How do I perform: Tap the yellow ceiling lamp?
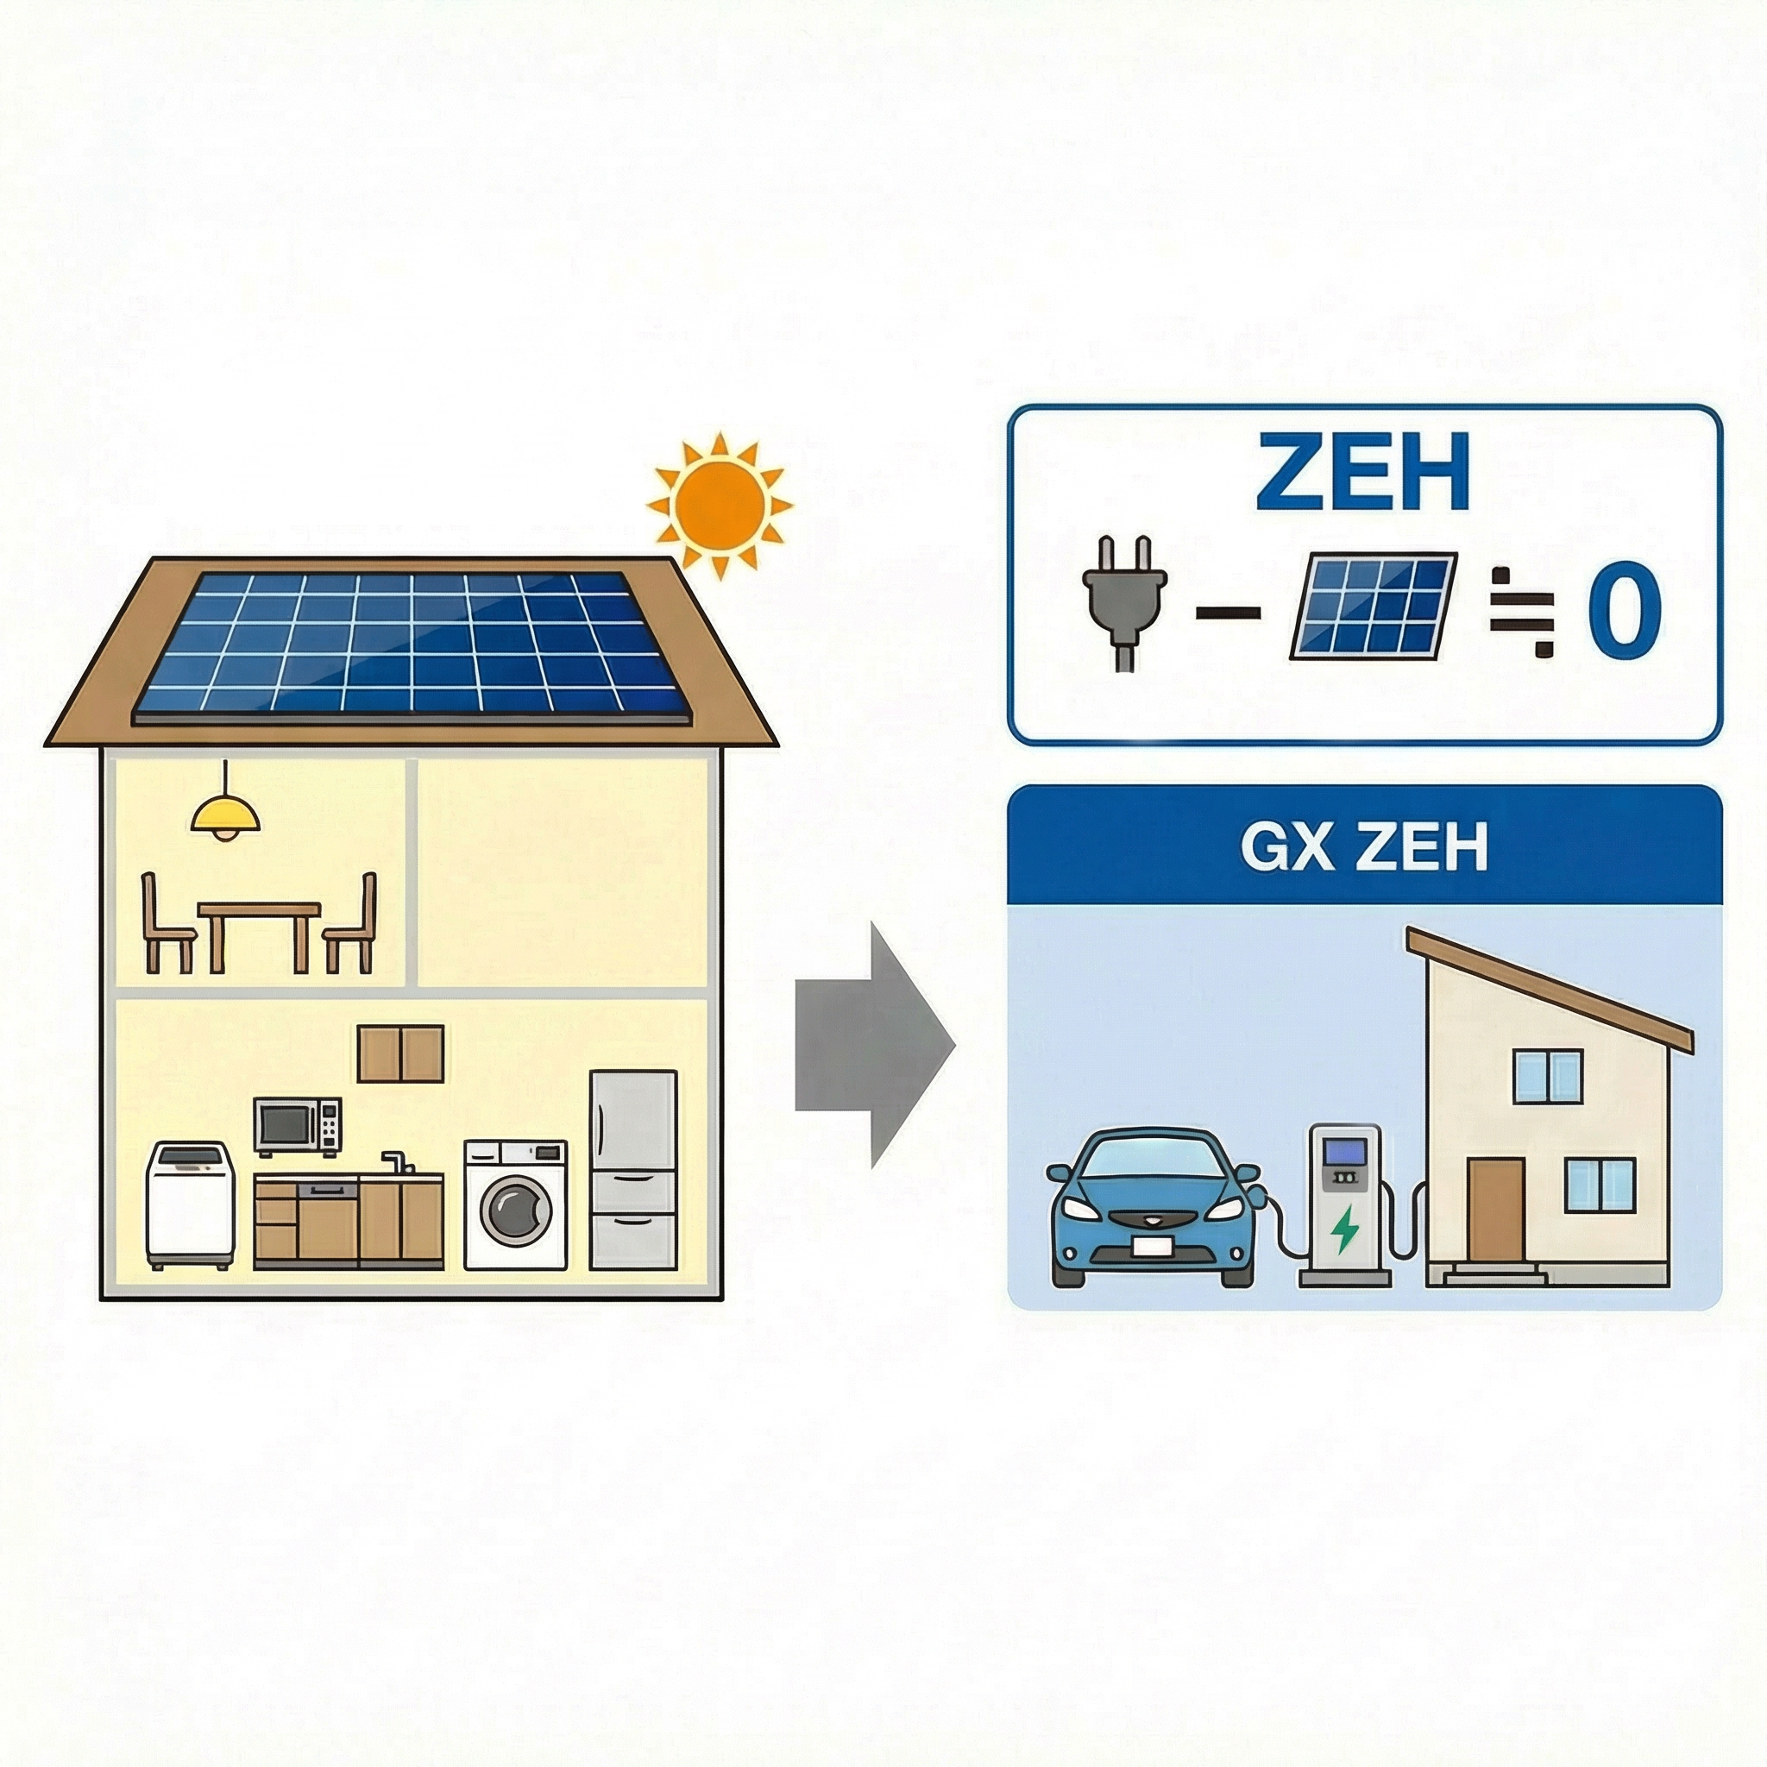(x=225, y=814)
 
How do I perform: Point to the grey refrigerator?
(x=633, y=1170)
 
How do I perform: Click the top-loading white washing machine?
(x=190, y=1205)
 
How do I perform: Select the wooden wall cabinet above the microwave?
(x=400, y=1053)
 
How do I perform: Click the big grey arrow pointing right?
(x=873, y=1046)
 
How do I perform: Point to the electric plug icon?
(x=1124, y=600)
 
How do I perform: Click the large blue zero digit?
(x=1624, y=612)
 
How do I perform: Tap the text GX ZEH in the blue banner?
(x=1364, y=848)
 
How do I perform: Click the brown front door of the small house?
(x=1496, y=1209)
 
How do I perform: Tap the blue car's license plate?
(x=1154, y=1247)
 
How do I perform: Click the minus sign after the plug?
(x=1228, y=613)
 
